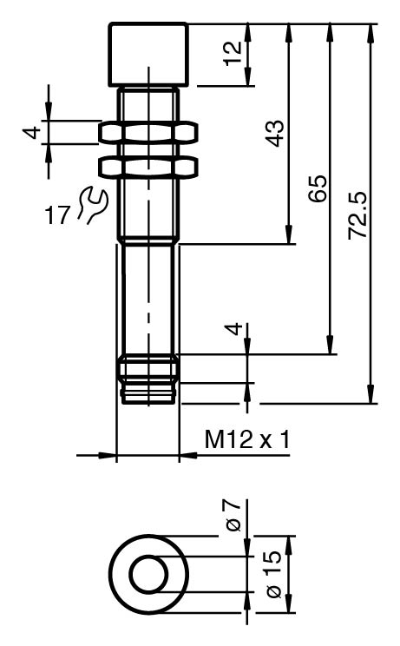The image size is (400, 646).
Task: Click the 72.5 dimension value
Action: click(x=357, y=215)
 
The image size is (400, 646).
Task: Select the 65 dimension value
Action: click(x=318, y=188)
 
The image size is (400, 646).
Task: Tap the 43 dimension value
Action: click(x=274, y=133)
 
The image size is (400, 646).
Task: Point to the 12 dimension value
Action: click(x=233, y=53)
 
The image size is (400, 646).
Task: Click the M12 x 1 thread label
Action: click(x=247, y=439)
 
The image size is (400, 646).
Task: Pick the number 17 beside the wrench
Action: click(x=57, y=215)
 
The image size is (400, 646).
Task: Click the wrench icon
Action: click(x=94, y=205)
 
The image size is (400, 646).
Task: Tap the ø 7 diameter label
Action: click(x=233, y=516)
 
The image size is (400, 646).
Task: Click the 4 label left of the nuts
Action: click(x=32, y=132)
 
